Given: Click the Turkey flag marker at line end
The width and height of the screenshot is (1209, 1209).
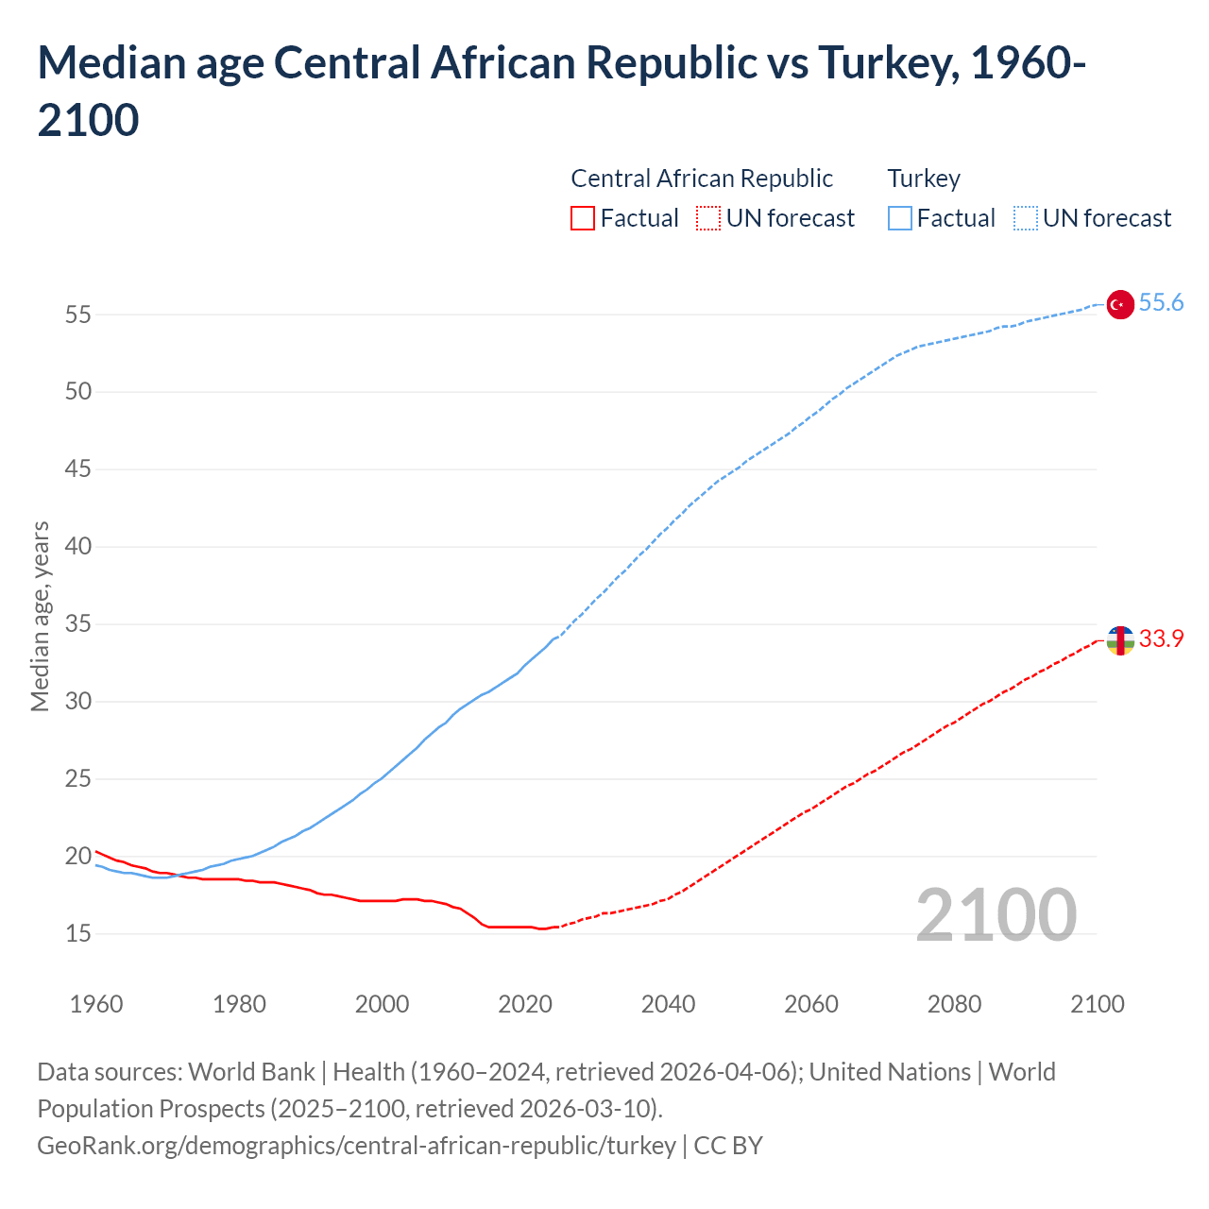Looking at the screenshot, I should pyautogui.click(x=1119, y=304).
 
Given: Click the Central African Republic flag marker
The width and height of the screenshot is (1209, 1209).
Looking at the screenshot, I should pyautogui.click(x=1119, y=640).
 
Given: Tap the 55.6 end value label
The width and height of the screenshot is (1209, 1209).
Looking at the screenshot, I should pyautogui.click(x=1161, y=303).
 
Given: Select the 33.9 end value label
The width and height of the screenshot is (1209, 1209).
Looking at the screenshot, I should pyautogui.click(x=1161, y=639).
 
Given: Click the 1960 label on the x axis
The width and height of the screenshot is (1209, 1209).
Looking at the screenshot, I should pyautogui.click(x=96, y=1004).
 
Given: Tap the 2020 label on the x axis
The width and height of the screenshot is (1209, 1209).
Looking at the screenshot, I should pyautogui.click(x=525, y=1004).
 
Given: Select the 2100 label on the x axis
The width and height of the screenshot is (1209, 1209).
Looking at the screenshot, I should pyautogui.click(x=1098, y=1004).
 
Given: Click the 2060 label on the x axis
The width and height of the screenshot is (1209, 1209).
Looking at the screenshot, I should pyautogui.click(x=811, y=1004).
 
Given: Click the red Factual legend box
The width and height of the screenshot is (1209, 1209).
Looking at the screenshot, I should pyautogui.click(x=583, y=219).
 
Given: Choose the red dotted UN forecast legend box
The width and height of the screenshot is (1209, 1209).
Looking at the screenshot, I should pyautogui.click(x=708, y=219).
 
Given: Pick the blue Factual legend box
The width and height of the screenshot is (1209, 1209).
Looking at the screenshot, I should pyautogui.click(x=900, y=219).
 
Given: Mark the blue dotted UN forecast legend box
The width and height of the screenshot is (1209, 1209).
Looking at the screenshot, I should pyautogui.click(x=1026, y=219).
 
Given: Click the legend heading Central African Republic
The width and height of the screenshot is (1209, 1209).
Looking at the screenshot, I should pyautogui.click(x=702, y=179).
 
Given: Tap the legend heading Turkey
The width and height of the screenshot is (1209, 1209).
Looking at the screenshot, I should pyautogui.click(x=924, y=179).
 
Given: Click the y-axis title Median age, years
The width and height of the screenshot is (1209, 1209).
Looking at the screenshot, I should pyautogui.click(x=40, y=616).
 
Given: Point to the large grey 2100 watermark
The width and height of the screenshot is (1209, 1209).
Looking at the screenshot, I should pyautogui.click(x=996, y=915).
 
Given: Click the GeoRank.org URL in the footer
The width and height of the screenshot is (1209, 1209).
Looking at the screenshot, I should pyautogui.click(x=356, y=1146).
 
